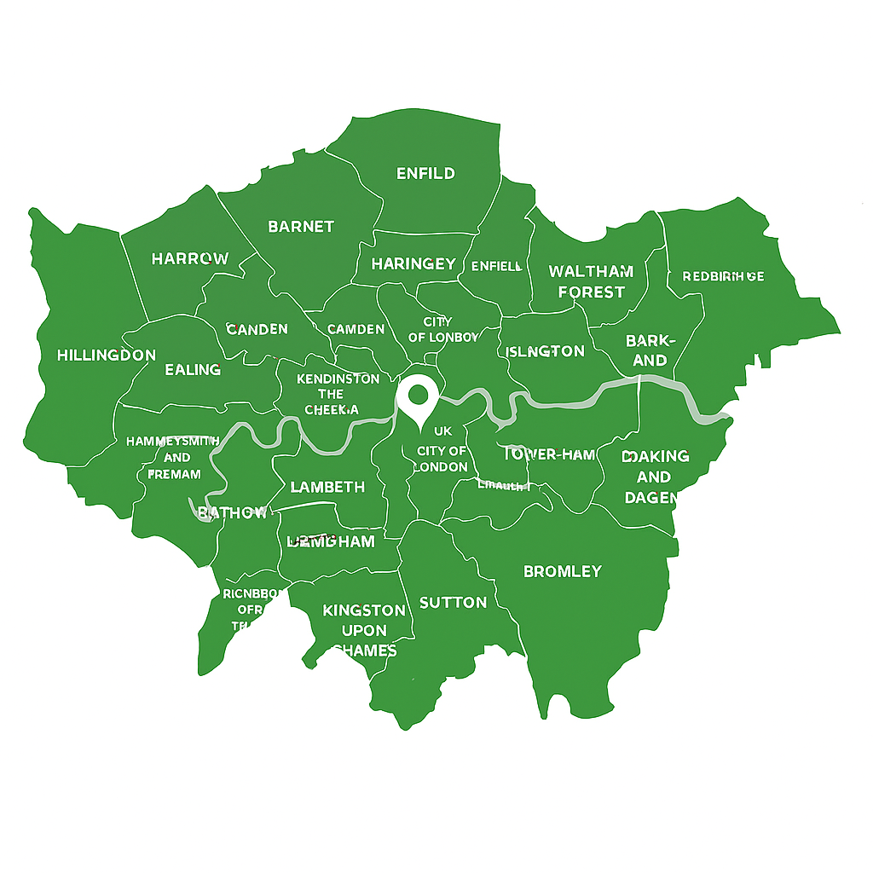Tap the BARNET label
pos(301,227)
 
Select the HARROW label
pos(190,258)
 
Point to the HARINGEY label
pos(413,264)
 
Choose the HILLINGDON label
pos(107,356)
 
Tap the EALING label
pos(193,369)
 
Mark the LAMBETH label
pos(327,488)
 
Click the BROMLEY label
pos(563,571)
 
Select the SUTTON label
pos(454,603)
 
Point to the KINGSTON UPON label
pos(364,630)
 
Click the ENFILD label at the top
pos(426,173)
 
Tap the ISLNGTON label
pos(546,351)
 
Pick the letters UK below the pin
pos(442,431)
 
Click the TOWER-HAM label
pos(550,455)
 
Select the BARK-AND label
pos(650,350)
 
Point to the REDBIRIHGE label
pos(724,276)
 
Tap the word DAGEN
pos(651,498)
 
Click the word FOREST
pos(591,292)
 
